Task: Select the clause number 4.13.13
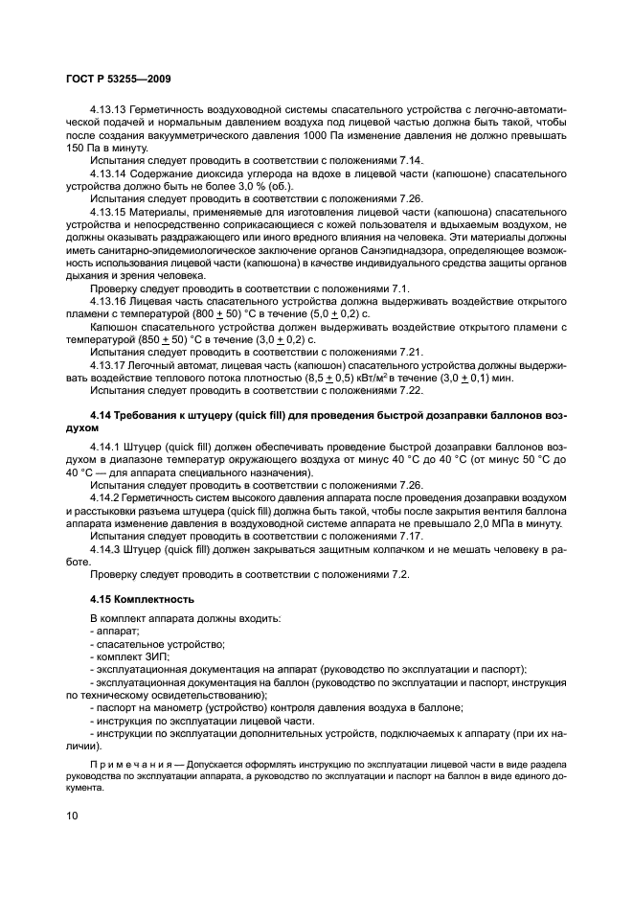pyautogui.click(x=109, y=111)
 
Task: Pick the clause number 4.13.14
pyautogui.click(x=109, y=173)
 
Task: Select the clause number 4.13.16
pyautogui.click(x=109, y=299)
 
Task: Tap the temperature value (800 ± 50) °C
pyautogui.click(x=245, y=312)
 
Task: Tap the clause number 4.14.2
pyautogui.click(x=106, y=498)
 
